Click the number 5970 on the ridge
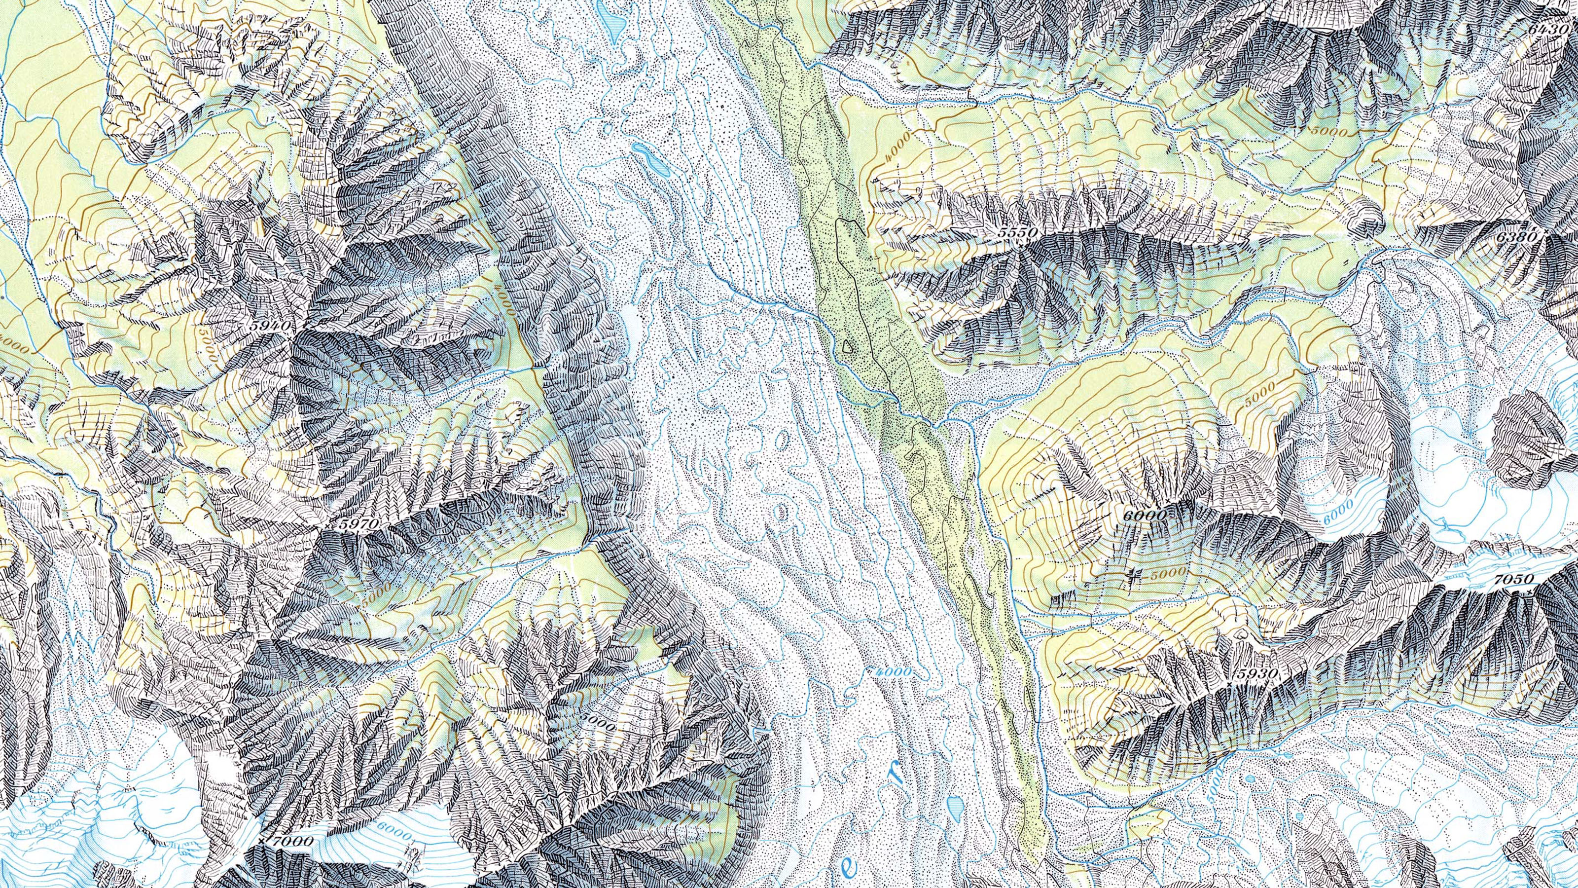[359, 524]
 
